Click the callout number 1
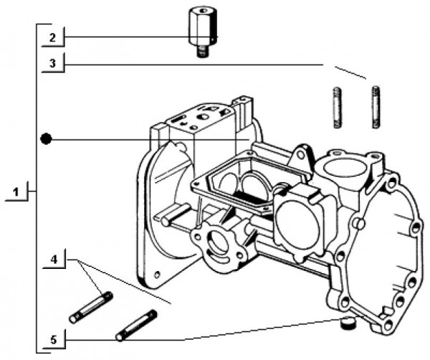[16, 191]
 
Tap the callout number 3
[52, 63]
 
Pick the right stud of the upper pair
[375, 107]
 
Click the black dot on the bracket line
[46, 138]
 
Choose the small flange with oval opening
[215, 242]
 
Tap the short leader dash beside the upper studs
[350, 72]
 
